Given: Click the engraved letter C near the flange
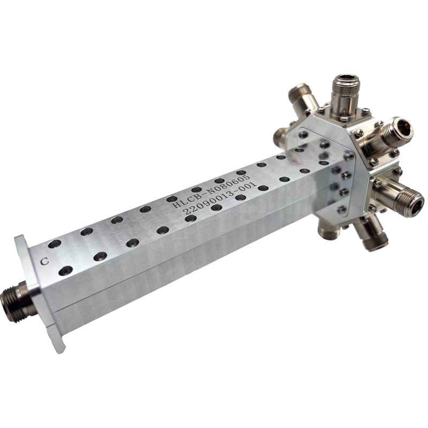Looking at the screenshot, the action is (x=45, y=261).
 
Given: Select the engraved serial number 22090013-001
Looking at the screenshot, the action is (x=220, y=198).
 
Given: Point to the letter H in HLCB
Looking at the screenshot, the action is (x=177, y=205).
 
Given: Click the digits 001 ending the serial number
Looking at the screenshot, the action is (x=249, y=187).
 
